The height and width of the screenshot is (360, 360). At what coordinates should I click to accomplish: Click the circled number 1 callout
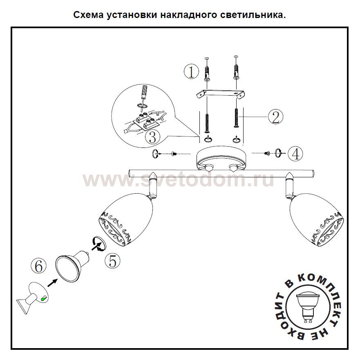[191, 72]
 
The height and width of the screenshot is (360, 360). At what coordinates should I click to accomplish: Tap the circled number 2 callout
[275, 116]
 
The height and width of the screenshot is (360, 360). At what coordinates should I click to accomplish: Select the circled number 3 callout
[152, 137]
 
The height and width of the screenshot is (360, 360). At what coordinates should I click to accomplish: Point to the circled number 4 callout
[295, 153]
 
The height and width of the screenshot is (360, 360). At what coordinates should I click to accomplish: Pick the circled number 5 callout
[112, 261]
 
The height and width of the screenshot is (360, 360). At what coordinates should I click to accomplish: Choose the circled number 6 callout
[38, 266]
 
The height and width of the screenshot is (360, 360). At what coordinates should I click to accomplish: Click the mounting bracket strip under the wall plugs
[220, 94]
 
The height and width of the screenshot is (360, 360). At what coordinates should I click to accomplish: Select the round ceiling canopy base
[222, 159]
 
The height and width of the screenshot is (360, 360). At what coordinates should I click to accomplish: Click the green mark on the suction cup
[43, 298]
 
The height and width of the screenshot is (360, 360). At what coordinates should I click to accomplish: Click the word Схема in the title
[88, 15]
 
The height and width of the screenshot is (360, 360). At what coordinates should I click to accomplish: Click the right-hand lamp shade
[317, 220]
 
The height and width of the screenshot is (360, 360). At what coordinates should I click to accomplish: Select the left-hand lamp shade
[126, 220]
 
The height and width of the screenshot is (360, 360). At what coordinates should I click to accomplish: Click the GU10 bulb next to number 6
[72, 266]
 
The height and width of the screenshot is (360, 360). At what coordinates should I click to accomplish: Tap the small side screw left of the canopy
[174, 154]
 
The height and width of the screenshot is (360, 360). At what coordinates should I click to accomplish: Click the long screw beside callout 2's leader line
[236, 117]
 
